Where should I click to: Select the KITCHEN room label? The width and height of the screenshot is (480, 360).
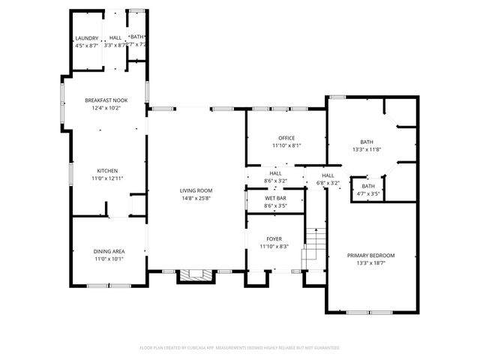pyautogui.click(x=106, y=171)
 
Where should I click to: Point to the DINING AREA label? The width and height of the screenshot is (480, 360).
pyautogui.click(x=108, y=251)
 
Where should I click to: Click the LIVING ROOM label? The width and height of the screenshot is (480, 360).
pyautogui.click(x=196, y=190)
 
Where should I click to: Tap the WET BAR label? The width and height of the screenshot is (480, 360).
pyautogui.click(x=274, y=198)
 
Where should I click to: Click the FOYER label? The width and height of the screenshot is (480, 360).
pyautogui.click(x=274, y=238)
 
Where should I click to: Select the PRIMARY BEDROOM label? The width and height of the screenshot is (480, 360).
pyautogui.click(x=370, y=256)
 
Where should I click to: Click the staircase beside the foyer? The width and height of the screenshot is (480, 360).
pyautogui.click(x=313, y=250)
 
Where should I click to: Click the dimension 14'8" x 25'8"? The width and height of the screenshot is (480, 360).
pyautogui.click(x=196, y=198)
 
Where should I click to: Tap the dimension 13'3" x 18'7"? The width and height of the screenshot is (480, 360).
pyautogui.click(x=370, y=263)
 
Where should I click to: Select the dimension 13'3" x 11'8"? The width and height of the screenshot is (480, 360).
pyautogui.click(x=366, y=149)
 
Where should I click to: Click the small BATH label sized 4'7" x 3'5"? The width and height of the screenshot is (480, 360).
pyautogui.click(x=368, y=186)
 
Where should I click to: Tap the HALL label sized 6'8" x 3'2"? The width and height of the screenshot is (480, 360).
pyautogui.click(x=328, y=175)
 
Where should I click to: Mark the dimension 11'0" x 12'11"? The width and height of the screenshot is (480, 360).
pyautogui.click(x=106, y=178)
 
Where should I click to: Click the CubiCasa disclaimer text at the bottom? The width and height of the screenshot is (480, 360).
pyautogui.click(x=240, y=348)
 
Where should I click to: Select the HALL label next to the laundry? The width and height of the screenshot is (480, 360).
pyautogui.click(x=115, y=37)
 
